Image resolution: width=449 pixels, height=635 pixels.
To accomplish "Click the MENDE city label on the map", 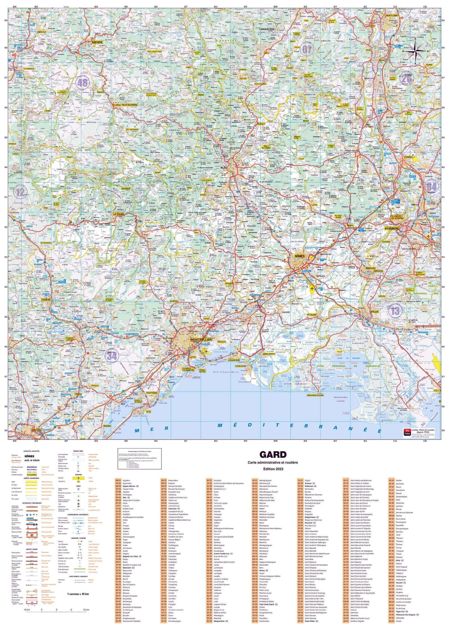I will (x=97, y=42).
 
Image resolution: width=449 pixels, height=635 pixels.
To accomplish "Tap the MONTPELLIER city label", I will (x=201, y=339).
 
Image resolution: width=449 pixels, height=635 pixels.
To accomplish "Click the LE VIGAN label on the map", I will (x=118, y=214).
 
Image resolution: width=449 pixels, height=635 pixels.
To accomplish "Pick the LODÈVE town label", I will (x=45, y=300).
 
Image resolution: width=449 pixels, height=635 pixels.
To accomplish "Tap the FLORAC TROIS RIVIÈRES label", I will (x=125, y=105).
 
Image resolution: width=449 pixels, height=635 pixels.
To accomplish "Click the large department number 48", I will (x=82, y=83).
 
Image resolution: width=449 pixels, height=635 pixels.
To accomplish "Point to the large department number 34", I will (x=111, y=356).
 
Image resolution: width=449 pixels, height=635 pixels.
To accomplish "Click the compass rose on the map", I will (x=416, y=51).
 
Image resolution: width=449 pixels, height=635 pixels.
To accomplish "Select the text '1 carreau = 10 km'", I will (x=78, y=594).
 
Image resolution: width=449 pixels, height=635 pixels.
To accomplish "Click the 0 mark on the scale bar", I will (x=56, y=602).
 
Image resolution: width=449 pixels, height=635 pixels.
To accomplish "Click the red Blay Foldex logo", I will (x=407, y=432).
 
